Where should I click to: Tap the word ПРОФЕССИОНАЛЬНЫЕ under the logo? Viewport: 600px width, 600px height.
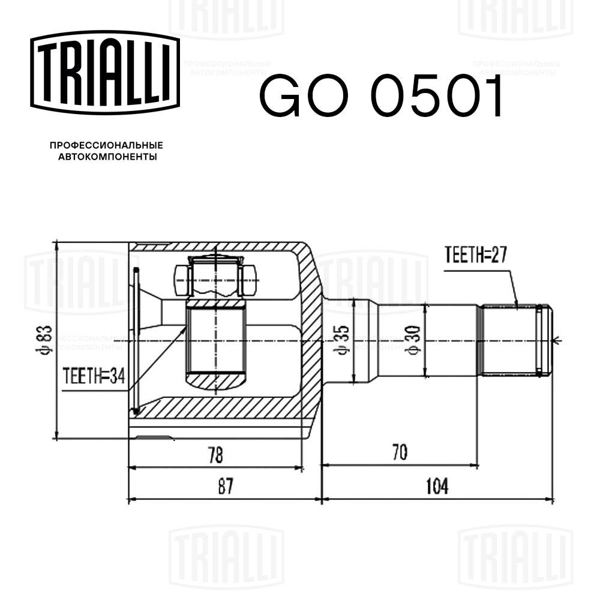[x=106, y=146]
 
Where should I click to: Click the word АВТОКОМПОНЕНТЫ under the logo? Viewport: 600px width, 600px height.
[x=106, y=157]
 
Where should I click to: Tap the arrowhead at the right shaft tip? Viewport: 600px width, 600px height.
[x=556, y=340]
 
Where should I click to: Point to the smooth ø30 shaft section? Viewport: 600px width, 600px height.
[x=450, y=340]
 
